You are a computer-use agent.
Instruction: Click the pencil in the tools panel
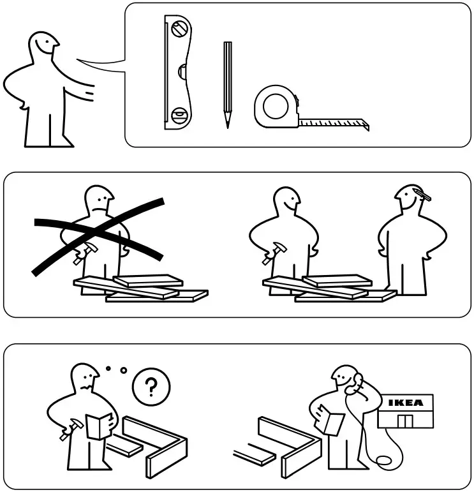coord(227,83)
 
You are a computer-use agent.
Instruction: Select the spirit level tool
coord(177,73)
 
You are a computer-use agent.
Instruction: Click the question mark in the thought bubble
coord(151,387)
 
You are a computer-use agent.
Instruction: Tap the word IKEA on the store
coord(405,403)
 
